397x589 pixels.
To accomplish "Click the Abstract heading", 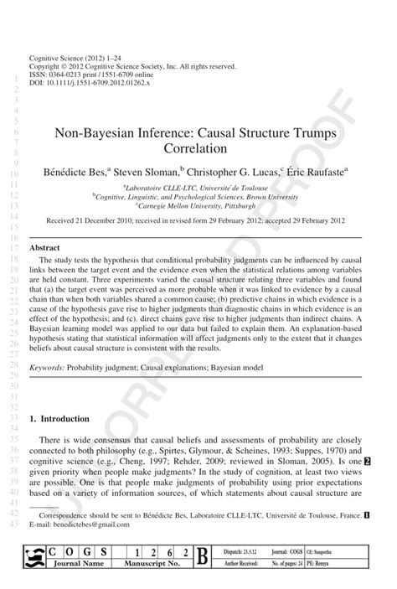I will (44, 249).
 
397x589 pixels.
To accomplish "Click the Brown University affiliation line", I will (198, 197).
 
